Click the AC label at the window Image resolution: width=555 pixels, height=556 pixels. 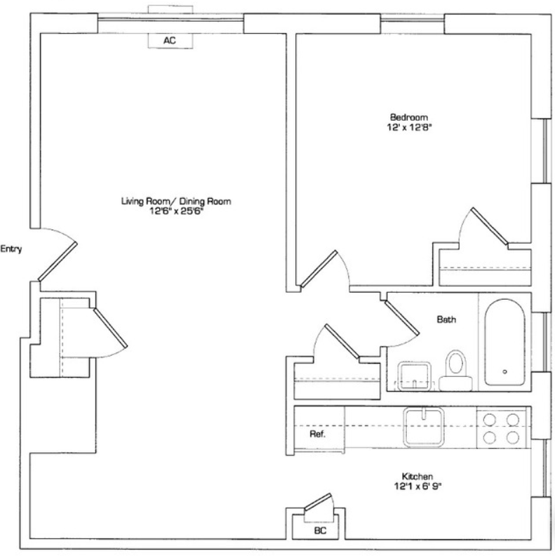pos(170,41)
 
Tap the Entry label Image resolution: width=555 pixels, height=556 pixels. pos(11,249)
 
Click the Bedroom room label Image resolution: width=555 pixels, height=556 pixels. pos(409,117)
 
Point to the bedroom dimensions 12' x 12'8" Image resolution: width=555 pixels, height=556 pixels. pos(410,127)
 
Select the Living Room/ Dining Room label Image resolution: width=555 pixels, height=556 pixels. pos(176,201)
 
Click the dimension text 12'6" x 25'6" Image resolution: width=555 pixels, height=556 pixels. pos(176,211)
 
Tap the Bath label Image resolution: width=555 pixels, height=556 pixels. pos(446,319)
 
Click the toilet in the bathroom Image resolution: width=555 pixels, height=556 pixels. pos(455,371)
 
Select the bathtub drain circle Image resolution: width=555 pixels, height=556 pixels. pos(504,371)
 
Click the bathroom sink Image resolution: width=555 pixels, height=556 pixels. pos(414,376)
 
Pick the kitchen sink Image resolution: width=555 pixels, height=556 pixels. pos(424,427)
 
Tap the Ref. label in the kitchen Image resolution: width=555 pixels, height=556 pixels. pos(318,434)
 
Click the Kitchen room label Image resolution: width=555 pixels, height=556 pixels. pos(417,476)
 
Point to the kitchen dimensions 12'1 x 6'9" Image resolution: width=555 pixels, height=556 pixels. pos(418,486)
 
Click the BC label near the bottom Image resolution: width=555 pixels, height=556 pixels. pos(320,531)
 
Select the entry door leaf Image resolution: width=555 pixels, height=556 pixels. pos(58,262)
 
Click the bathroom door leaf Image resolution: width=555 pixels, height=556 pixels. pos(401,317)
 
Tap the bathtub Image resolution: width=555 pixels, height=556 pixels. pos(504,342)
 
